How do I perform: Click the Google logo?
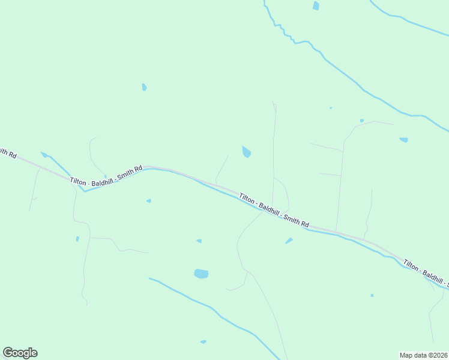pos(20,353)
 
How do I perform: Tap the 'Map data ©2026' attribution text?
pos(423,355)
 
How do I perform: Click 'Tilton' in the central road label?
pos(247,199)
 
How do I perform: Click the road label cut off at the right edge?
pos(426,272)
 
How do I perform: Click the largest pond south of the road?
pos(201,274)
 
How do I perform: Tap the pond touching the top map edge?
pos(316,5)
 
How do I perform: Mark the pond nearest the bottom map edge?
pos(203,342)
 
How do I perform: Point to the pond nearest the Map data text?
pos(372,295)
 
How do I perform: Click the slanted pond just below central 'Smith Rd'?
pos(289,241)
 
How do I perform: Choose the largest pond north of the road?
pos(246,152)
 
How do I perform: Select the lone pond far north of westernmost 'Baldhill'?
pos(144,88)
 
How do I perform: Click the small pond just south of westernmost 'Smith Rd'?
pos(148,201)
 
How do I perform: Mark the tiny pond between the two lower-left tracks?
pos(77,239)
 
